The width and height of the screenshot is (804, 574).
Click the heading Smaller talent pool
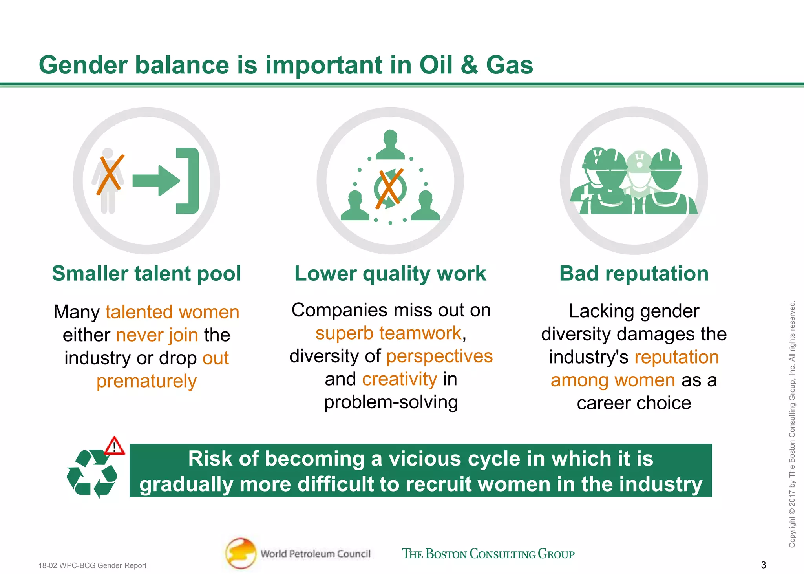coord(146,274)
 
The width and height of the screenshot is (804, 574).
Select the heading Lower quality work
coord(390,274)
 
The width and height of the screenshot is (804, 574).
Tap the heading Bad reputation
coord(634,274)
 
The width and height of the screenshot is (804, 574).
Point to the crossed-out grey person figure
coord(108,181)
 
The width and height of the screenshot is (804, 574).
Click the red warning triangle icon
coord(115,446)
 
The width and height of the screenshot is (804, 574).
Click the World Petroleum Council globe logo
coord(241,553)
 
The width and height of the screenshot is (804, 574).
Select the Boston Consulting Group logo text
coord(488,554)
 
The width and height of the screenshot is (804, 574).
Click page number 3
coord(763,565)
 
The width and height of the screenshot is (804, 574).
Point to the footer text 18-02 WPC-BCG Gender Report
coord(92,565)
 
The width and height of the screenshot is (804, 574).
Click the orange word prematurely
coord(146,381)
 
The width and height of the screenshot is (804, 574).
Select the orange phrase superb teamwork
coord(388,333)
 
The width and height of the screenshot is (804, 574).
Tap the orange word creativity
coord(399,379)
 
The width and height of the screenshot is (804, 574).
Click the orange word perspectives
coord(439,356)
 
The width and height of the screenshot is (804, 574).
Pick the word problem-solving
coord(391,402)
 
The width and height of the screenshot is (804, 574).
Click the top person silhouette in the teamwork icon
coord(390,145)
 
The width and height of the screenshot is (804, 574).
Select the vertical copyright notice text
coord(792,424)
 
